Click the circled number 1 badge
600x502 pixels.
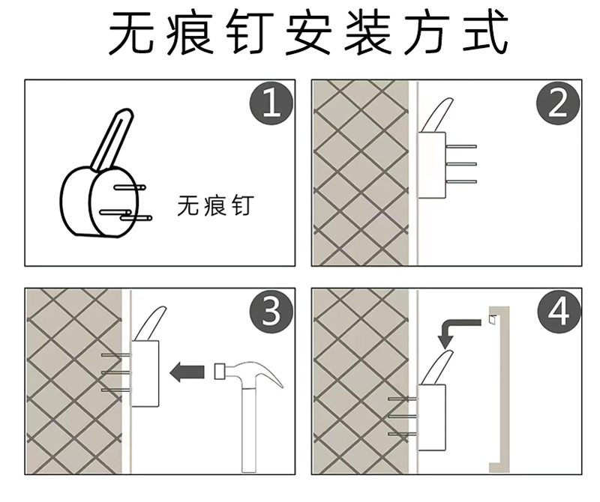271,105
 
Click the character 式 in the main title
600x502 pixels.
486,34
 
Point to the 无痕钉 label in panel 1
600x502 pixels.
214,206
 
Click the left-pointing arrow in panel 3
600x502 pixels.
187,371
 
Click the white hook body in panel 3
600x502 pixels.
145,372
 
